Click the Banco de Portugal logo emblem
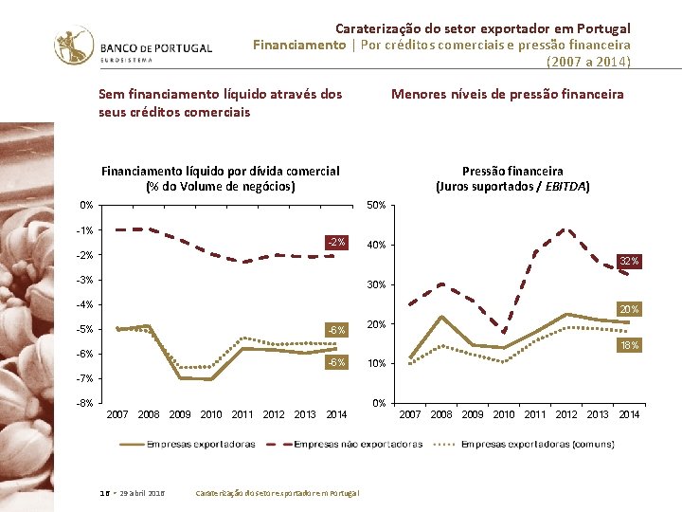point(74,44)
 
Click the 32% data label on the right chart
point(629,261)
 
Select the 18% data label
point(629,345)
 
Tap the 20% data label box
point(629,309)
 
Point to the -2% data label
point(336,243)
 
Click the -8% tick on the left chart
point(85,403)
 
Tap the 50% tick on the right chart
point(375,206)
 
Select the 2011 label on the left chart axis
point(242,414)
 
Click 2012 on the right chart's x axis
point(566,414)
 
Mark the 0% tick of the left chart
point(86,205)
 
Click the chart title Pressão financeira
point(512,172)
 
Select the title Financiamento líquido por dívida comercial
point(220,172)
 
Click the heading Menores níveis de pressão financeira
point(508,94)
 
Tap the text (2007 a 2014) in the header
point(588,62)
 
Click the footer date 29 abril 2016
point(143,493)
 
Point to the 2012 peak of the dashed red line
point(566,229)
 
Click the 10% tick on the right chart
point(375,364)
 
